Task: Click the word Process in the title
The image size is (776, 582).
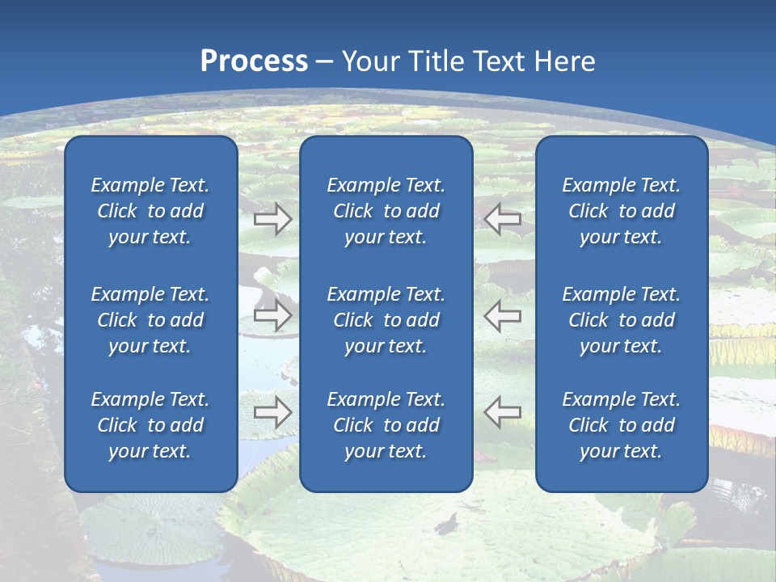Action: coord(254,61)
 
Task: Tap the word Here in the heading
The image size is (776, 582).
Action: coord(564,61)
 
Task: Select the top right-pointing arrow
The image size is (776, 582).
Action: coord(272,219)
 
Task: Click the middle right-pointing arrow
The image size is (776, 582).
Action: coord(272,315)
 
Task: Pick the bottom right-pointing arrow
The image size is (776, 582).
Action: coord(272,412)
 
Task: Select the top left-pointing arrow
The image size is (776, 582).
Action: coord(503,218)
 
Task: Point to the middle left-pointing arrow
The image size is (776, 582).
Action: coord(503,315)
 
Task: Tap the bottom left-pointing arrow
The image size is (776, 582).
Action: coord(503,412)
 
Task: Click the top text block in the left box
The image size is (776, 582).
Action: coord(150,211)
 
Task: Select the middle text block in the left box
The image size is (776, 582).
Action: coord(150,320)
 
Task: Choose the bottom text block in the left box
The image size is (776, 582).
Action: coord(150,425)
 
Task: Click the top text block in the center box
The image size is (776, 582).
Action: coord(386,211)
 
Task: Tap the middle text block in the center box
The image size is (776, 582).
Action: coord(386,320)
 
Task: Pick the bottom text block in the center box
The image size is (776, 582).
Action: coord(386,425)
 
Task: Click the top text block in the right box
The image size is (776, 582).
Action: coord(622,211)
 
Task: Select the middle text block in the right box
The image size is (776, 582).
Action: coord(622,320)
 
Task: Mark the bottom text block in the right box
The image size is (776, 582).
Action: coord(622,425)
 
